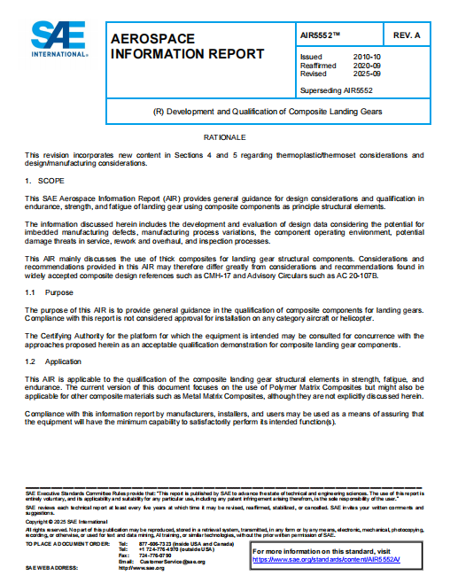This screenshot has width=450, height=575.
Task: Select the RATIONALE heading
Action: [x=224, y=138]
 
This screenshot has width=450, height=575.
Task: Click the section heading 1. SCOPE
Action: [x=44, y=180]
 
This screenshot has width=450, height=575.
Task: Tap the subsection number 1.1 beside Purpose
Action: [x=30, y=291]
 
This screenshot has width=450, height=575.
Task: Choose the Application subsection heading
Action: [x=66, y=362]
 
